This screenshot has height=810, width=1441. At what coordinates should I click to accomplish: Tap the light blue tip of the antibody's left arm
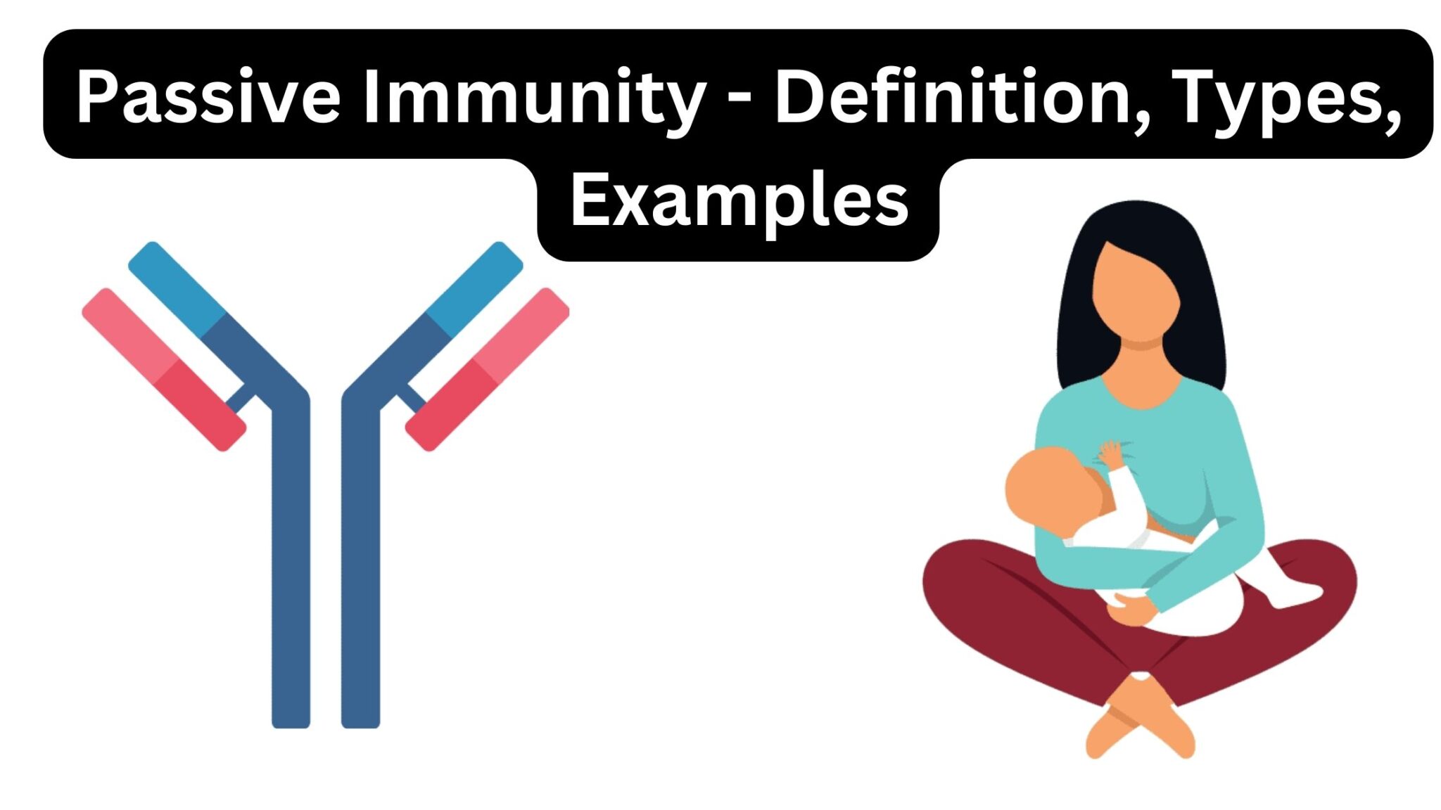[x=176, y=288]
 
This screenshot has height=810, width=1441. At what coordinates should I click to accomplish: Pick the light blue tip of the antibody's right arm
[x=476, y=288]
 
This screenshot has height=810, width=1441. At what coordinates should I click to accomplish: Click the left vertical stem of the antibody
[x=291, y=562]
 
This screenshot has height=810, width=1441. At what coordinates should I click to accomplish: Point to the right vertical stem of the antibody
[x=360, y=562]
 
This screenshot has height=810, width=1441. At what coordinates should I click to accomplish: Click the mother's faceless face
[x=1134, y=292]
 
